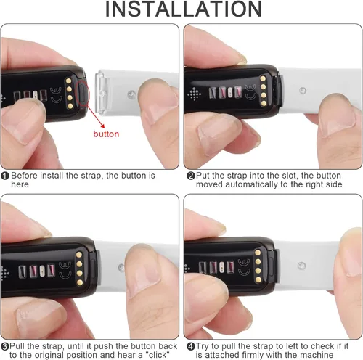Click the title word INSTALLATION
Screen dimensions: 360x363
181,10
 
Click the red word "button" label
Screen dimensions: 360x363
106,134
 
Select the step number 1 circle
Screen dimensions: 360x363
5,176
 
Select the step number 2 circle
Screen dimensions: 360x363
190,176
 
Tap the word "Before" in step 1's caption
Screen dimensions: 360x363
26,176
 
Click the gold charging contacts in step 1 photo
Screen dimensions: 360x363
69,92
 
